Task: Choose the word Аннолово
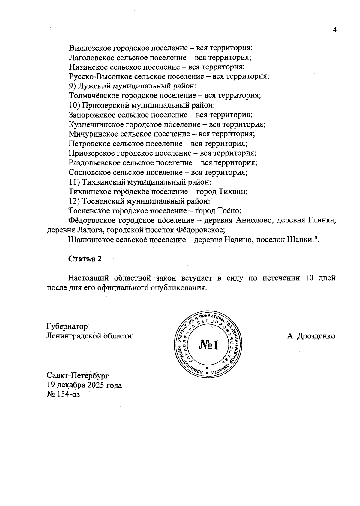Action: tap(254, 221)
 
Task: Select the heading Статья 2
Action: tap(85, 259)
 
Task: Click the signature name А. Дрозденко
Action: tap(311, 336)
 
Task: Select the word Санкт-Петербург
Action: tap(78, 375)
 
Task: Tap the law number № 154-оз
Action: tap(64, 394)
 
